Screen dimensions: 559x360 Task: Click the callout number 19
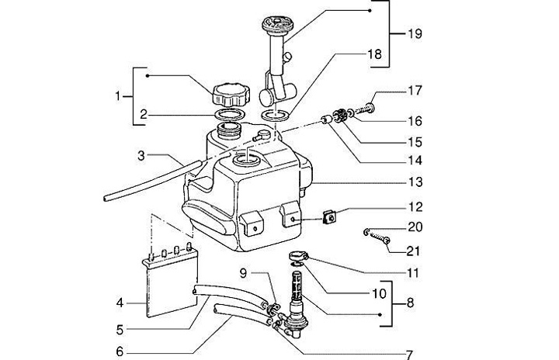pyautogui.click(x=415, y=34)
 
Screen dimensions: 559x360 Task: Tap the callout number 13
pyautogui.click(x=415, y=182)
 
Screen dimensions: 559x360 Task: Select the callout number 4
pyautogui.click(x=120, y=303)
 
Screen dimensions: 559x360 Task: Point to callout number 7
pyautogui.click(x=409, y=355)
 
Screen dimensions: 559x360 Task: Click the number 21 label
pyautogui.click(x=414, y=251)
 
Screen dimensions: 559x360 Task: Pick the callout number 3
pyautogui.click(x=141, y=156)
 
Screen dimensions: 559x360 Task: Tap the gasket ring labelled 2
pyautogui.click(x=231, y=115)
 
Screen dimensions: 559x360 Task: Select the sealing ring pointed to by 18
pyautogui.click(x=276, y=116)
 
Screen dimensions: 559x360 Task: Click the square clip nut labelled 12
pyautogui.click(x=329, y=216)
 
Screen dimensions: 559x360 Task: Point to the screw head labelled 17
pyautogui.click(x=371, y=106)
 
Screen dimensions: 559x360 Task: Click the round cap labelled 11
pyautogui.click(x=298, y=256)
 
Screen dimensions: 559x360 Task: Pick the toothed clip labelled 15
pyautogui.click(x=340, y=116)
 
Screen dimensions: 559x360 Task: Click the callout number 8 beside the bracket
pyautogui.click(x=411, y=303)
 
